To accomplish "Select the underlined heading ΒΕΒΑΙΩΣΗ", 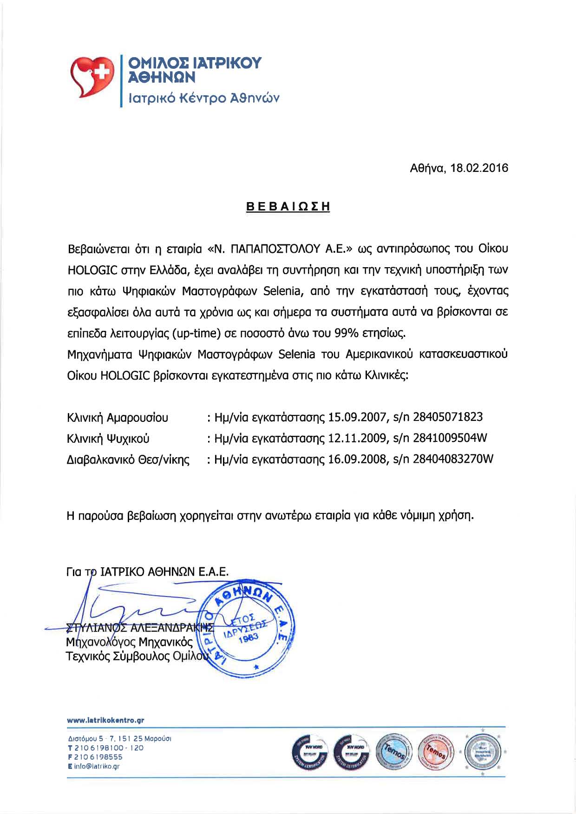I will click(288, 207).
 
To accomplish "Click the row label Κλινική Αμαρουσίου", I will click(118, 418).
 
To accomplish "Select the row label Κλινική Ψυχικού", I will click(108, 439).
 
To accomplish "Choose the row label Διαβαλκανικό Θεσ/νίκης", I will click(128, 460).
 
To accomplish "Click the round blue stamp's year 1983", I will click(252, 638).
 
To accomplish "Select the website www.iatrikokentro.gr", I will click(105, 721).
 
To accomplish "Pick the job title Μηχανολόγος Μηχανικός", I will click(129, 643).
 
